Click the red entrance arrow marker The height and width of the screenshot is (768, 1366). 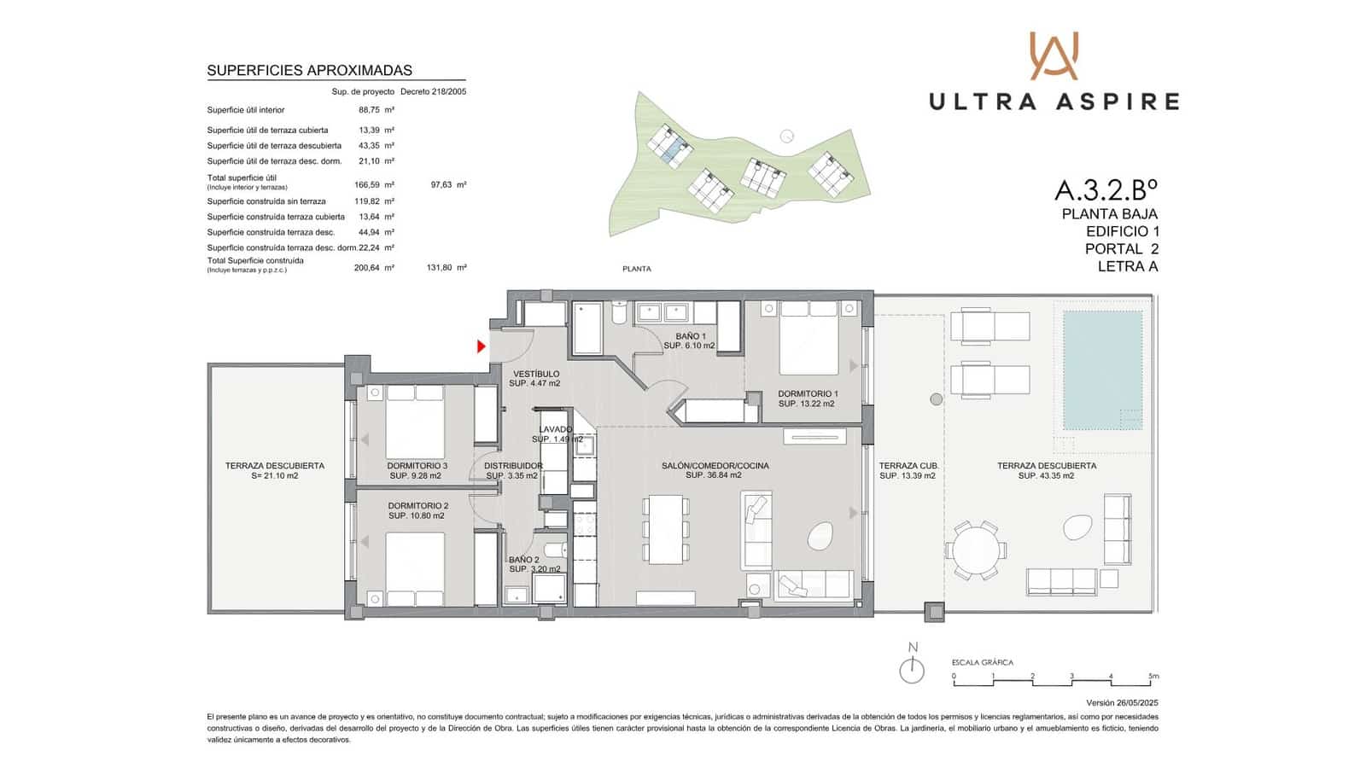pos(482,346)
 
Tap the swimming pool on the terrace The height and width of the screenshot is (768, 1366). pos(1102,369)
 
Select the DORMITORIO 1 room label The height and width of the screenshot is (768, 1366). pos(806,394)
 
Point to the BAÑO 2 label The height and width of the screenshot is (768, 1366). pos(523,560)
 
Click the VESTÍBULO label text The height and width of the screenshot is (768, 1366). pos(536,374)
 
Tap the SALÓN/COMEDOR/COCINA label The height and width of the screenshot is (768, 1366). pos(715,466)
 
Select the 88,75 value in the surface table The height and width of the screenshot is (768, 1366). pos(369,110)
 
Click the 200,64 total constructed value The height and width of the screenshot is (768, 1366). pos(367,267)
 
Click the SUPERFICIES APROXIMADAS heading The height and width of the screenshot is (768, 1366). pos(309,71)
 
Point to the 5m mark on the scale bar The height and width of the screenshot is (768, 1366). pos(1153,676)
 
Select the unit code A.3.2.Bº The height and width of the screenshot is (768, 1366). pos(1106,189)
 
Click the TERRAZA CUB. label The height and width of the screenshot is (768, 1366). pos(908,466)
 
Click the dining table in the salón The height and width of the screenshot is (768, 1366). pos(666,529)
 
